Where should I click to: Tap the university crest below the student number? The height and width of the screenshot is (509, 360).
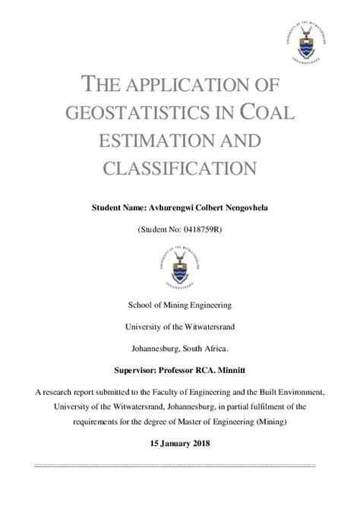[x=180, y=267]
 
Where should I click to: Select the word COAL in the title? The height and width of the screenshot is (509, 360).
[x=266, y=113]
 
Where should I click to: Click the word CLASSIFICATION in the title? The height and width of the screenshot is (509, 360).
[x=179, y=168]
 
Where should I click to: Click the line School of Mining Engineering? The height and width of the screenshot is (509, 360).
[x=179, y=306]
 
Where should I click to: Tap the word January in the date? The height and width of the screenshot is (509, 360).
[x=175, y=443]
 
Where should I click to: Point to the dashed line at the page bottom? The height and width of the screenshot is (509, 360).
[x=179, y=464]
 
